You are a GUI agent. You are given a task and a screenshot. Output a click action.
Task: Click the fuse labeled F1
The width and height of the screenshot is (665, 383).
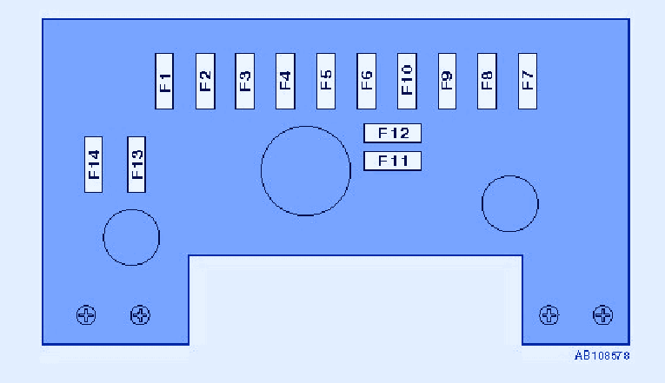[x=165, y=81]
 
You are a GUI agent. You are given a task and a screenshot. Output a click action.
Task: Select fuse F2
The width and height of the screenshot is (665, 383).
[x=205, y=81]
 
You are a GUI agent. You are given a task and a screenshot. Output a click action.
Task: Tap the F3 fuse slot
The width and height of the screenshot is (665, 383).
[x=245, y=81]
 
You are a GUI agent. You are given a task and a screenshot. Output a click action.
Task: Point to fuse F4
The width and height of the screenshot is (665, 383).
[x=285, y=81]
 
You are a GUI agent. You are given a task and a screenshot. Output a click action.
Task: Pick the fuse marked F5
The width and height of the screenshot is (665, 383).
[x=326, y=81]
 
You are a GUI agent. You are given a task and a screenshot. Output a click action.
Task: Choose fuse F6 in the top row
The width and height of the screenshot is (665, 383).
[x=366, y=81]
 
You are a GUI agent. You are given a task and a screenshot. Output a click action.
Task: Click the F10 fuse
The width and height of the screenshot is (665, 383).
[x=407, y=81]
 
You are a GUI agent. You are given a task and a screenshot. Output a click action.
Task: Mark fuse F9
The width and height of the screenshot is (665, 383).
[x=447, y=81]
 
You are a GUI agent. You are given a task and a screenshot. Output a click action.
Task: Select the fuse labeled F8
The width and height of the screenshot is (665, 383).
[x=487, y=81]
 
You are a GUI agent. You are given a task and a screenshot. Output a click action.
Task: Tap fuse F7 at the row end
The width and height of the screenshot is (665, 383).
[x=528, y=81]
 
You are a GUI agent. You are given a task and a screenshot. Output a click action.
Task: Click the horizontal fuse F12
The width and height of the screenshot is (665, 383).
[x=392, y=133]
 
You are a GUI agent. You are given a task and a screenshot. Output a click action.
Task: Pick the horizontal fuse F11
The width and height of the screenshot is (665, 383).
[x=392, y=161]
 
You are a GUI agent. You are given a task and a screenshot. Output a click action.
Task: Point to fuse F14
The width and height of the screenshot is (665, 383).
[x=94, y=164]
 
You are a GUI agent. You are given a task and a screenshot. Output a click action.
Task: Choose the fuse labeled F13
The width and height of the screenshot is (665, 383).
[x=136, y=164]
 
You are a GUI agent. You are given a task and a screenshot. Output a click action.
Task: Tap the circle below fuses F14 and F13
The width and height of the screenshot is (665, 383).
[x=131, y=237]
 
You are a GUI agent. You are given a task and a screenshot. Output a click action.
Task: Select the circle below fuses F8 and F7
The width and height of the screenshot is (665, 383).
[x=510, y=204]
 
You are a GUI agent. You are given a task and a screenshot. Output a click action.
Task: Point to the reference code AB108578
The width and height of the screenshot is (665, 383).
[x=602, y=355]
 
